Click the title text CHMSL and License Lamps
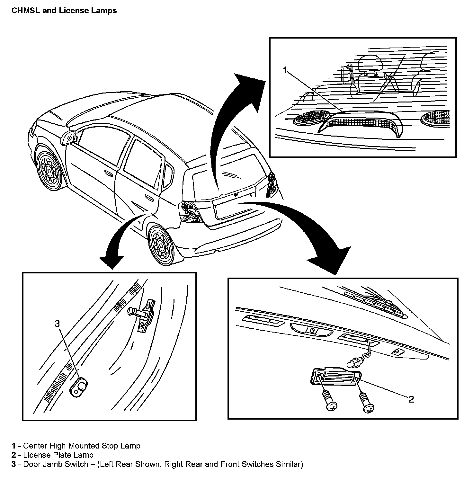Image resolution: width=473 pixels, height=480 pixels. pyautogui.click(x=64, y=11)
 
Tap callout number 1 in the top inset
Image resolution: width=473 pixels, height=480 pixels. pyautogui.click(x=285, y=70)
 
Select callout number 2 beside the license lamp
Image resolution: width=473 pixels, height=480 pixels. pyautogui.click(x=411, y=399)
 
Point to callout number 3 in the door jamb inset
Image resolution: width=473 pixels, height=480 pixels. pyautogui.click(x=57, y=324)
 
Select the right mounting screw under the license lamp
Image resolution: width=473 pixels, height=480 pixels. pyautogui.click(x=368, y=404)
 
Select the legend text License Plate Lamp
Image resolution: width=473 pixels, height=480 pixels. pyautogui.click(x=58, y=455)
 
